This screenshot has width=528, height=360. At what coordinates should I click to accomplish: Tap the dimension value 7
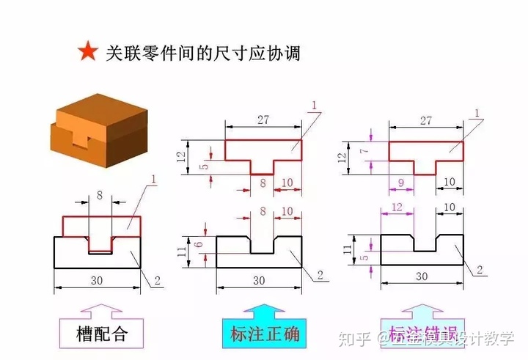(362, 150)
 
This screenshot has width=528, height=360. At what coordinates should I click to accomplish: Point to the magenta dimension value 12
(397, 209)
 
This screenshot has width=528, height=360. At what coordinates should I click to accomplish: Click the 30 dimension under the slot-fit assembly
(96, 279)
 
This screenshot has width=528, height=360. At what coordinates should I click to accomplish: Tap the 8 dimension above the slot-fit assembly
(100, 196)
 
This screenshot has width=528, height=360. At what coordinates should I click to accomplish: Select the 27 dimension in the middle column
(263, 120)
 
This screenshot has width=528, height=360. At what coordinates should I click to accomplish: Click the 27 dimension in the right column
(426, 120)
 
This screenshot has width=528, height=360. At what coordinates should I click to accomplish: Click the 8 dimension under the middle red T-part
(262, 182)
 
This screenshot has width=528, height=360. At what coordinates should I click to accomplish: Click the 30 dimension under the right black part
(422, 276)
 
